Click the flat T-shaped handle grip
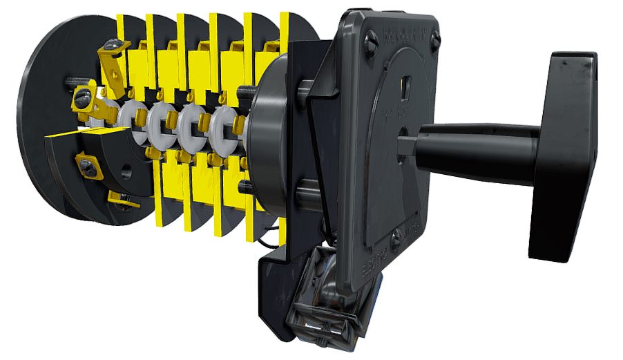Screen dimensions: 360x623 (563, 155)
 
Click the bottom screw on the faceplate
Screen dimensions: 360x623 (396, 242)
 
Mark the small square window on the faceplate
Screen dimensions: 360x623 (406, 85)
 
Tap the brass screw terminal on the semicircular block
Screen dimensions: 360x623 (89, 167)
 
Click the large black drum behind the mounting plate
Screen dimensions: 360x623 (266, 138)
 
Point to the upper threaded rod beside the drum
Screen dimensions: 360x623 (247, 91)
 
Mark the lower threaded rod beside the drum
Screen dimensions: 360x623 (245, 185)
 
